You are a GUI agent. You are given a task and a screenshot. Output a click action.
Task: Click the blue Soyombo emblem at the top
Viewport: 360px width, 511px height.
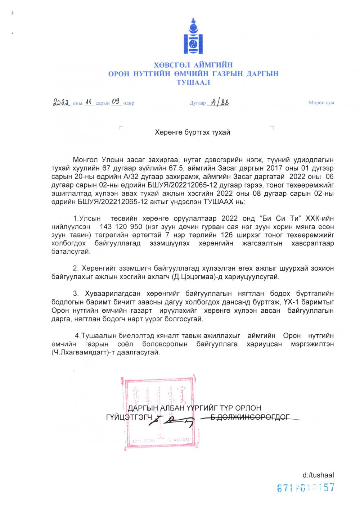click(x=193, y=37)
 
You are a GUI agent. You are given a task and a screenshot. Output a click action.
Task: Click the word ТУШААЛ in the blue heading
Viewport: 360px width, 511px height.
click(x=193, y=82)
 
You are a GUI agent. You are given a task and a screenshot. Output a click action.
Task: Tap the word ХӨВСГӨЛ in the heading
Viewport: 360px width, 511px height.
click(x=172, y=65)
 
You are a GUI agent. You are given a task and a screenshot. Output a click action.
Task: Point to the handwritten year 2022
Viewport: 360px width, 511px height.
click(x=62, y=103)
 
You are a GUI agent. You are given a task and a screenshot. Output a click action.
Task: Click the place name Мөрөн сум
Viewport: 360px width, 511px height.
click(x=321, y=103)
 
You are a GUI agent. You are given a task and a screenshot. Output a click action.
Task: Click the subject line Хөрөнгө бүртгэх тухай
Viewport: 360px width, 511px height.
click(x=192, y=132)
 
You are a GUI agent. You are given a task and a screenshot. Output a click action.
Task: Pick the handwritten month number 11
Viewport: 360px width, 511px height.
click(x=89, y=102)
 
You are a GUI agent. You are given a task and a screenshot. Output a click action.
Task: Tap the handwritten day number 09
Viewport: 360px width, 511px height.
click(x=116, y=101)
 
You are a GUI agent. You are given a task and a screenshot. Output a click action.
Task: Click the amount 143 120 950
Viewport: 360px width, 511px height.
click(x=121, y=227)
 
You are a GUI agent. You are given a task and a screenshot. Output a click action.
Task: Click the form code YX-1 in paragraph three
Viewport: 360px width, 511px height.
click(x=291, y=302)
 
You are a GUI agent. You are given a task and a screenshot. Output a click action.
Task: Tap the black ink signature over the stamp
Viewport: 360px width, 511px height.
click(x=171, y=420)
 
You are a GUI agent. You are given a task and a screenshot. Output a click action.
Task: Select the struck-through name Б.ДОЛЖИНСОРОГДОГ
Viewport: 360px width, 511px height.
click(x=250, y=417)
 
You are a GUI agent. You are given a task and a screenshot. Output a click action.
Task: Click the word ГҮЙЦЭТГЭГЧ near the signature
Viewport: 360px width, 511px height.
click(x=129, y=417)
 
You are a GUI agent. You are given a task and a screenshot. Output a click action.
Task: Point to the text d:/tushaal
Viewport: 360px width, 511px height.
click(x=318, y=475)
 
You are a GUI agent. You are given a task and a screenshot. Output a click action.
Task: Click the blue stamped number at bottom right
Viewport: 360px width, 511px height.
click(x=306, y=488)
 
